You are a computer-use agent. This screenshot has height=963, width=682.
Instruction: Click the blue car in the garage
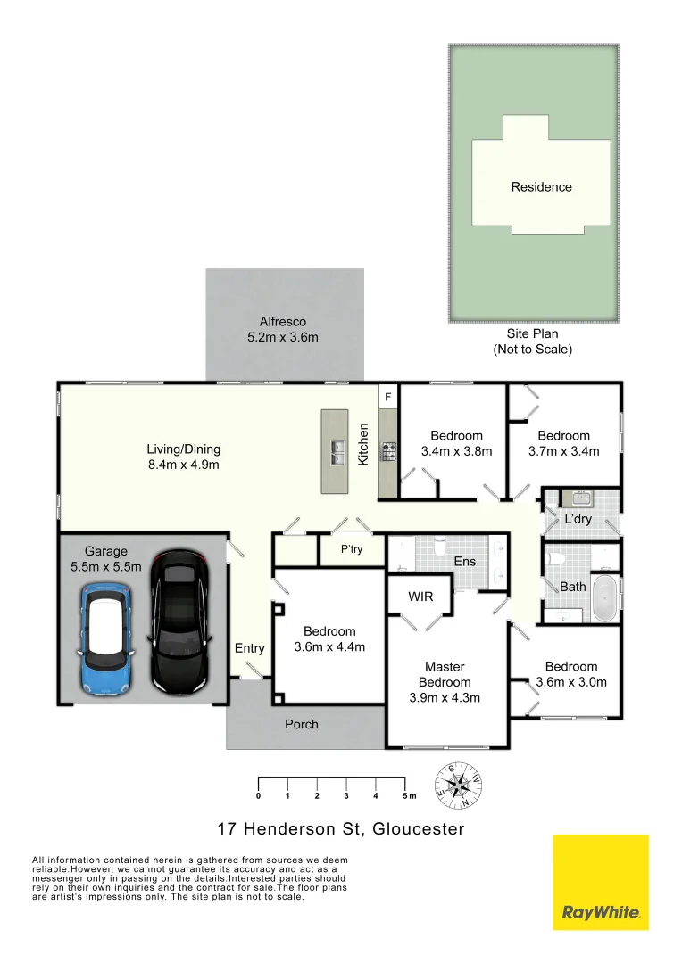pos(106,638)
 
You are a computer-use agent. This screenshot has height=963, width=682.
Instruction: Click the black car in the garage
pos(181,621)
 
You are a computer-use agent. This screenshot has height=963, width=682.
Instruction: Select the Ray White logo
pos(601,882)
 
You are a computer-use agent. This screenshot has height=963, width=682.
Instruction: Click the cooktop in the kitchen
pos(389,451)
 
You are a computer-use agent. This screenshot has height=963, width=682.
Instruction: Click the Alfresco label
pos(283,322)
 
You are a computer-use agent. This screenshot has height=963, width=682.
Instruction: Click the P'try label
pos(352,550)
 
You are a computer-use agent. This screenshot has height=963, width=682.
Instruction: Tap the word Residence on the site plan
pos(541,187)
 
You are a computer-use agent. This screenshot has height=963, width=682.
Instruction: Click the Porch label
pos(302,724)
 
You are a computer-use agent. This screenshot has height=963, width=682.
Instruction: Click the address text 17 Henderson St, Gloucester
pos(342,829)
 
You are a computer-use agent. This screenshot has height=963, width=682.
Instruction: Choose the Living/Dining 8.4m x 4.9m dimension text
pos(184,465)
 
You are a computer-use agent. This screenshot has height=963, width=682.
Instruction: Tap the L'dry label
pos(578,519)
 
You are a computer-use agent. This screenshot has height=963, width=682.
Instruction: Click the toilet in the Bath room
pos(558,560)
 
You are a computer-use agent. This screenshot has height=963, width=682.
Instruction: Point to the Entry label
pos(250,648)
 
